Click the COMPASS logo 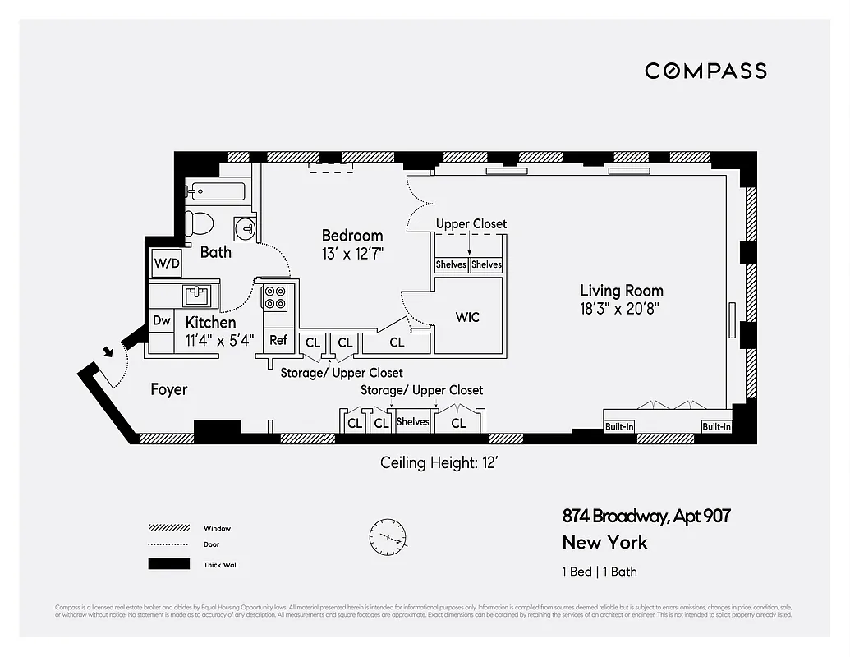click(x=705, y=71)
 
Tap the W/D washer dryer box click(x=167, y=264)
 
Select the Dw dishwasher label click(x=161, y=321)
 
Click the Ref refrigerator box click(x=278, y=340)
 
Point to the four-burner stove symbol click(x=274, y=296)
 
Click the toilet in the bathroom click(x=199, y=223)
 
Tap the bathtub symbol click(x=215, y=191)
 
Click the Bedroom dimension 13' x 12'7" click(x=352, y=254)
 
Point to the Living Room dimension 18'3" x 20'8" click(x=621, y=309)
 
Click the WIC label click(x=467, y=317)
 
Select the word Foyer click(x=169, y=389)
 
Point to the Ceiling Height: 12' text click(x=439, y=463)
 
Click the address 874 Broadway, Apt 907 click(x=646, y=517)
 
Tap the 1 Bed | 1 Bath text click(x=600, y=572)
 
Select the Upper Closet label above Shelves click(x=471, y=223)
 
